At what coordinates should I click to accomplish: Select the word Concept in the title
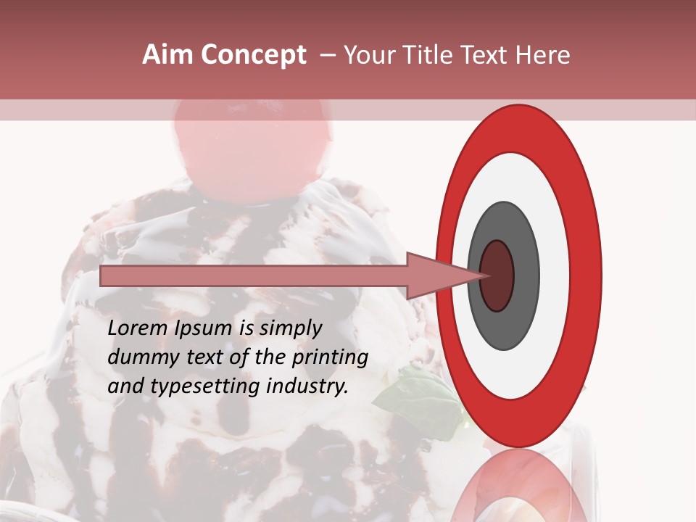[253, 56]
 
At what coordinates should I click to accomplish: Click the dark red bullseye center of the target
[497, 275]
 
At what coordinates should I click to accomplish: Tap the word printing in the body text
[330, 358]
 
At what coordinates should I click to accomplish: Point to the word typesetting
[195, 387]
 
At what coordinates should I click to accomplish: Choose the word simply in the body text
[291, 328]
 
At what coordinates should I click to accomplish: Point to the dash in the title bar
[328, 56]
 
